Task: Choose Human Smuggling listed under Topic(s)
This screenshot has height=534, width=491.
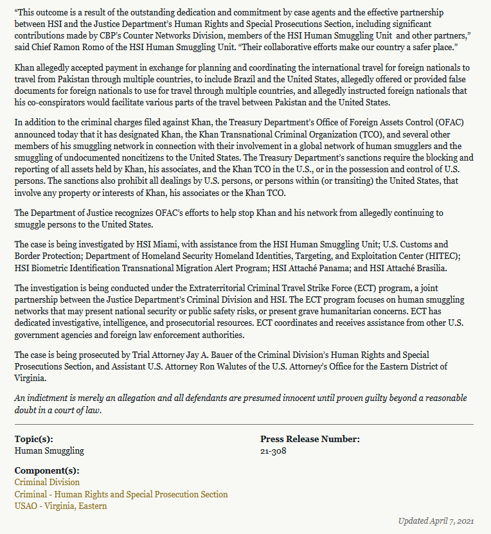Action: [49, 450]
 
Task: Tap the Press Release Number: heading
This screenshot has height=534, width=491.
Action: [310, 440]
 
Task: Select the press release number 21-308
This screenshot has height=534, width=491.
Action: [273, 450]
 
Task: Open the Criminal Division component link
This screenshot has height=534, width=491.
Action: [47, 482]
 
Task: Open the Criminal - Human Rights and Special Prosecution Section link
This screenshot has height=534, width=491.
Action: [121, 494]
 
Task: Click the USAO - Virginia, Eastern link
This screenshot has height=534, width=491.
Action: [60, 506]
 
